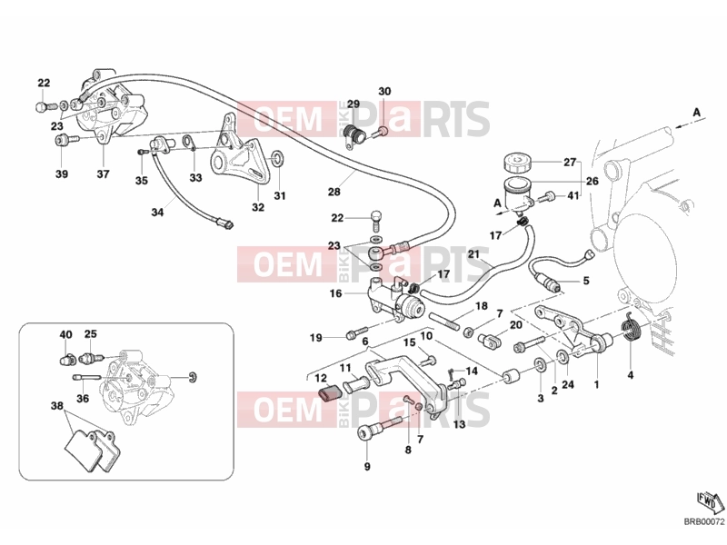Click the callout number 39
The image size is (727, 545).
(x=62, y=173)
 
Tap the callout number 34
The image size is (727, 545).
(x=157, y=213)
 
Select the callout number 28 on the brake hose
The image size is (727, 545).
(x=334, y=192)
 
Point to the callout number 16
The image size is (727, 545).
(x=335, y=293)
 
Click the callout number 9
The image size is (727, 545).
(x=367, y=467)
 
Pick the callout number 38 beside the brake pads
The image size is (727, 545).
(x=56, y=406)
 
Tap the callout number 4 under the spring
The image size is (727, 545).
(x=631, y=375)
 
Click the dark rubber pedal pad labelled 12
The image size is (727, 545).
(x=330, y=394)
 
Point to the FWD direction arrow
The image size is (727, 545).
(x=711, y=502)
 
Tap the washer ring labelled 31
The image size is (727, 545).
(x=277, y=158)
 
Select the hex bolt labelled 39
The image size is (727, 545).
(x=66, y=140)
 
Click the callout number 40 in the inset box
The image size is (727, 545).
(x=65, y=334)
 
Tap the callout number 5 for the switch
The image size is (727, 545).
(x=586, y=281)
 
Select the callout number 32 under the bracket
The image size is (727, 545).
(x=258, y=207)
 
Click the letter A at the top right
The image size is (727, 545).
(x=696, y=112)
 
